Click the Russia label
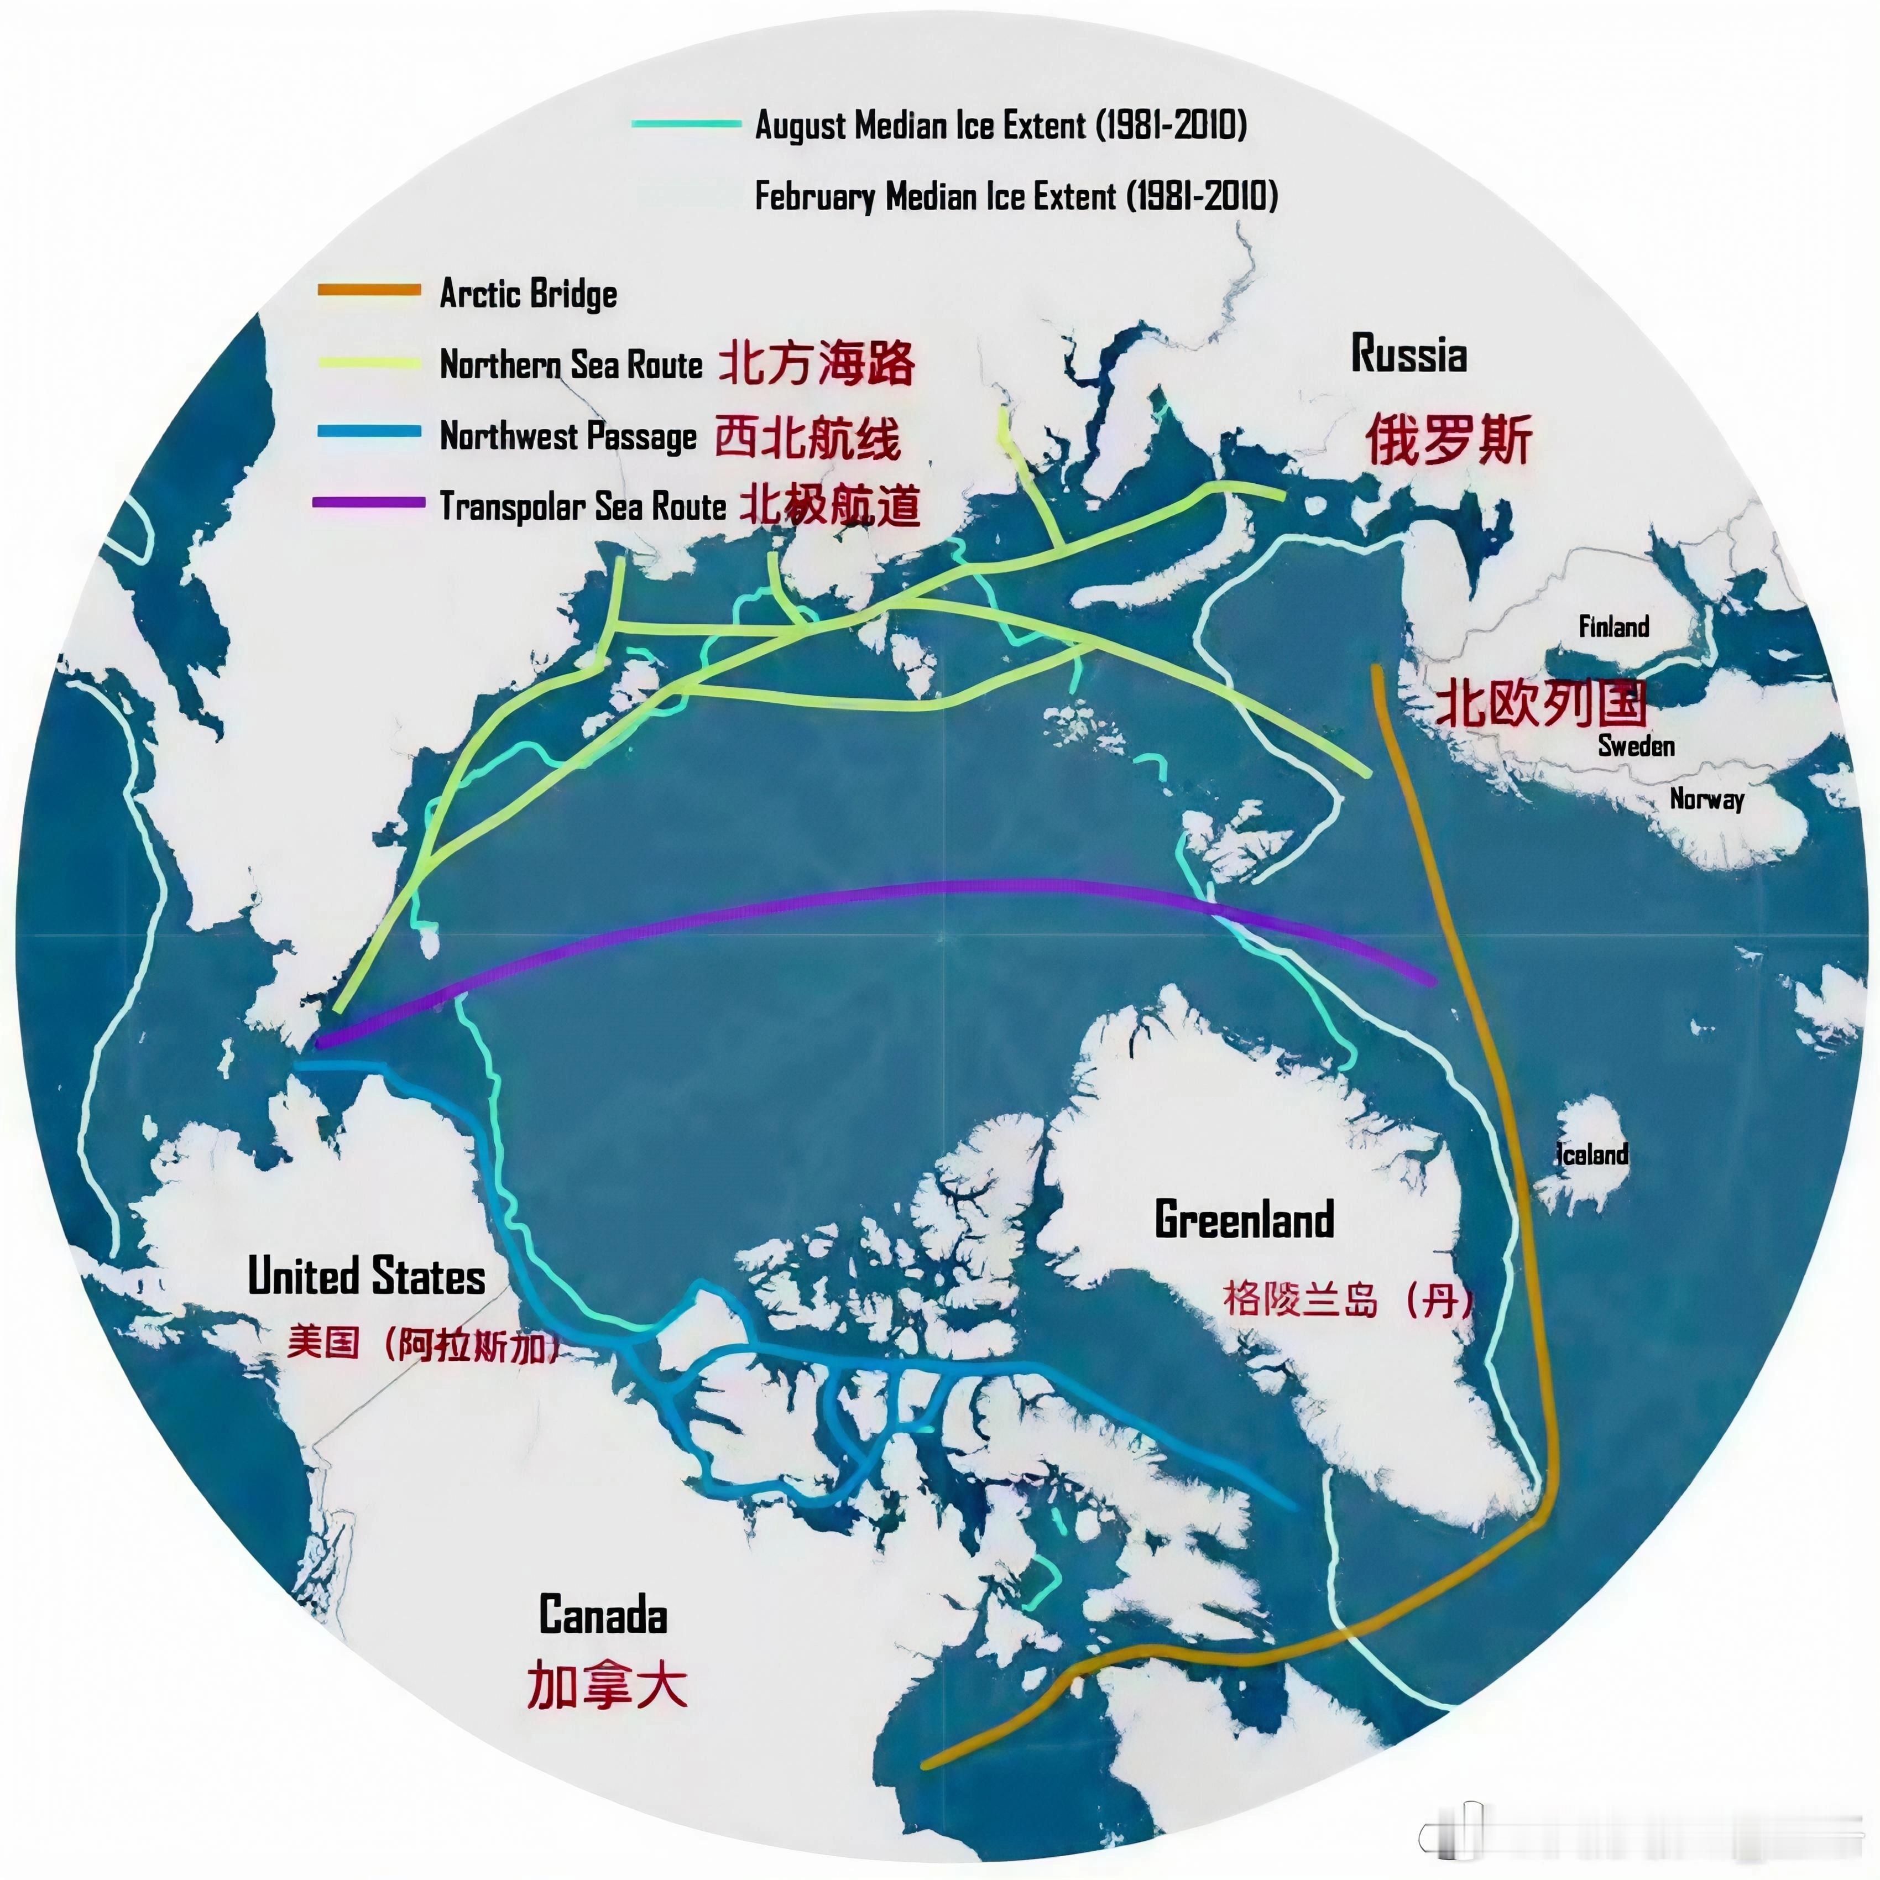tap(1408, 354)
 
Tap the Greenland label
tap(1244, 1220)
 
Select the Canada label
tap(603, 1615)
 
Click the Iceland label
tap(1592, 1155)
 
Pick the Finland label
tap(1613, 626)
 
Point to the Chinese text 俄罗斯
tap(1448, 439)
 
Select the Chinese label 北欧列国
tap(1542, 703)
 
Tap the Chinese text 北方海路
tap(816, 363)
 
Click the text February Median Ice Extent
tap(1016, 196)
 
